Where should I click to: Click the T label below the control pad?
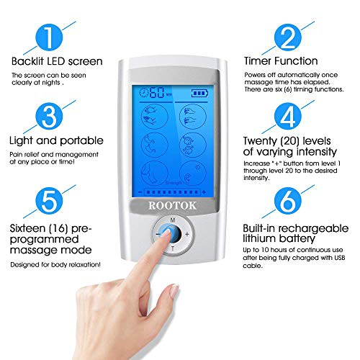coord(171,250)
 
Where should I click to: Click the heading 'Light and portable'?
coord(58,140)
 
